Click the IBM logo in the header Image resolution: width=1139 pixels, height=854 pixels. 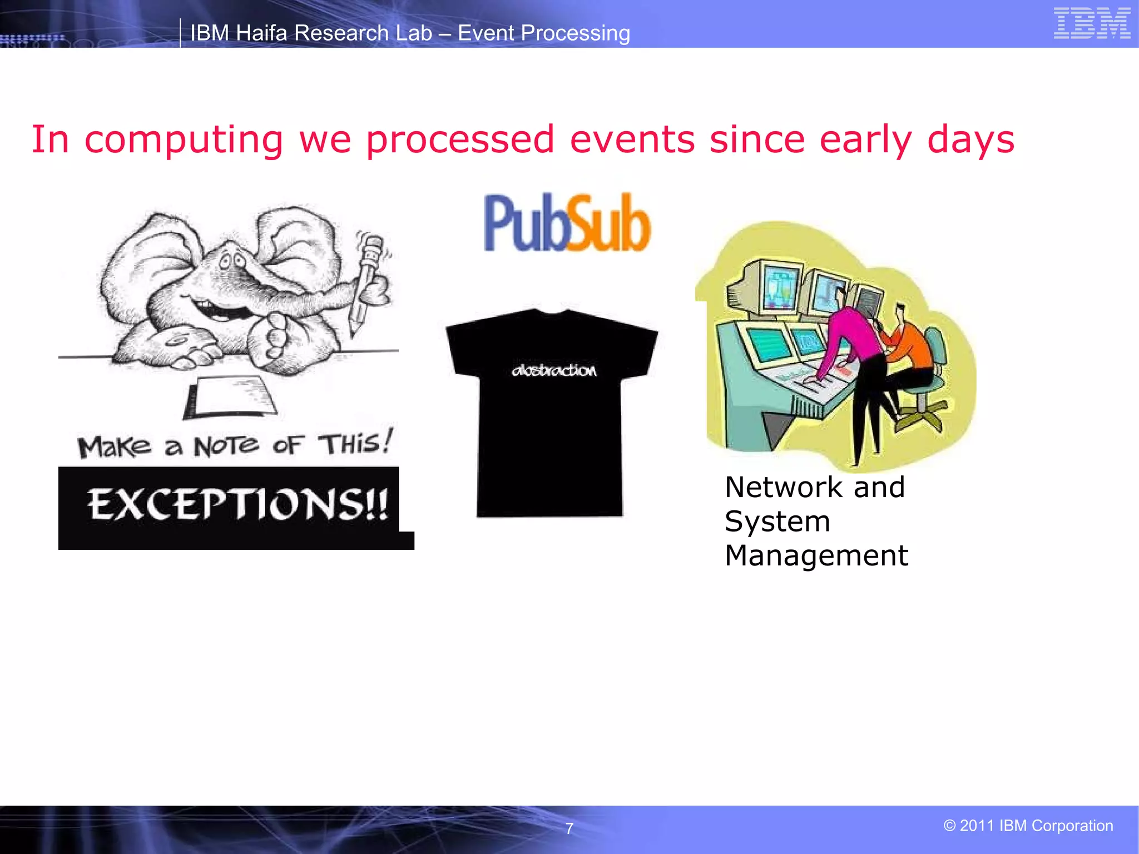(x=1092, y=23)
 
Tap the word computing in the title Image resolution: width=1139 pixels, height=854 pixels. (x=184, y=140)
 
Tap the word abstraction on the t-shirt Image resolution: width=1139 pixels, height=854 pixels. (x=554, y=370)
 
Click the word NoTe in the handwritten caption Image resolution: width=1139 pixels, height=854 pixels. (x=226, y=446)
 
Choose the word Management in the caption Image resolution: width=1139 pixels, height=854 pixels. (x=816, y=556)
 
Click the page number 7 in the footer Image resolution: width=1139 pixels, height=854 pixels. (x=569, y=828)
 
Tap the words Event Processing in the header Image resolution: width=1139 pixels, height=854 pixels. (x=543, y=33)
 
